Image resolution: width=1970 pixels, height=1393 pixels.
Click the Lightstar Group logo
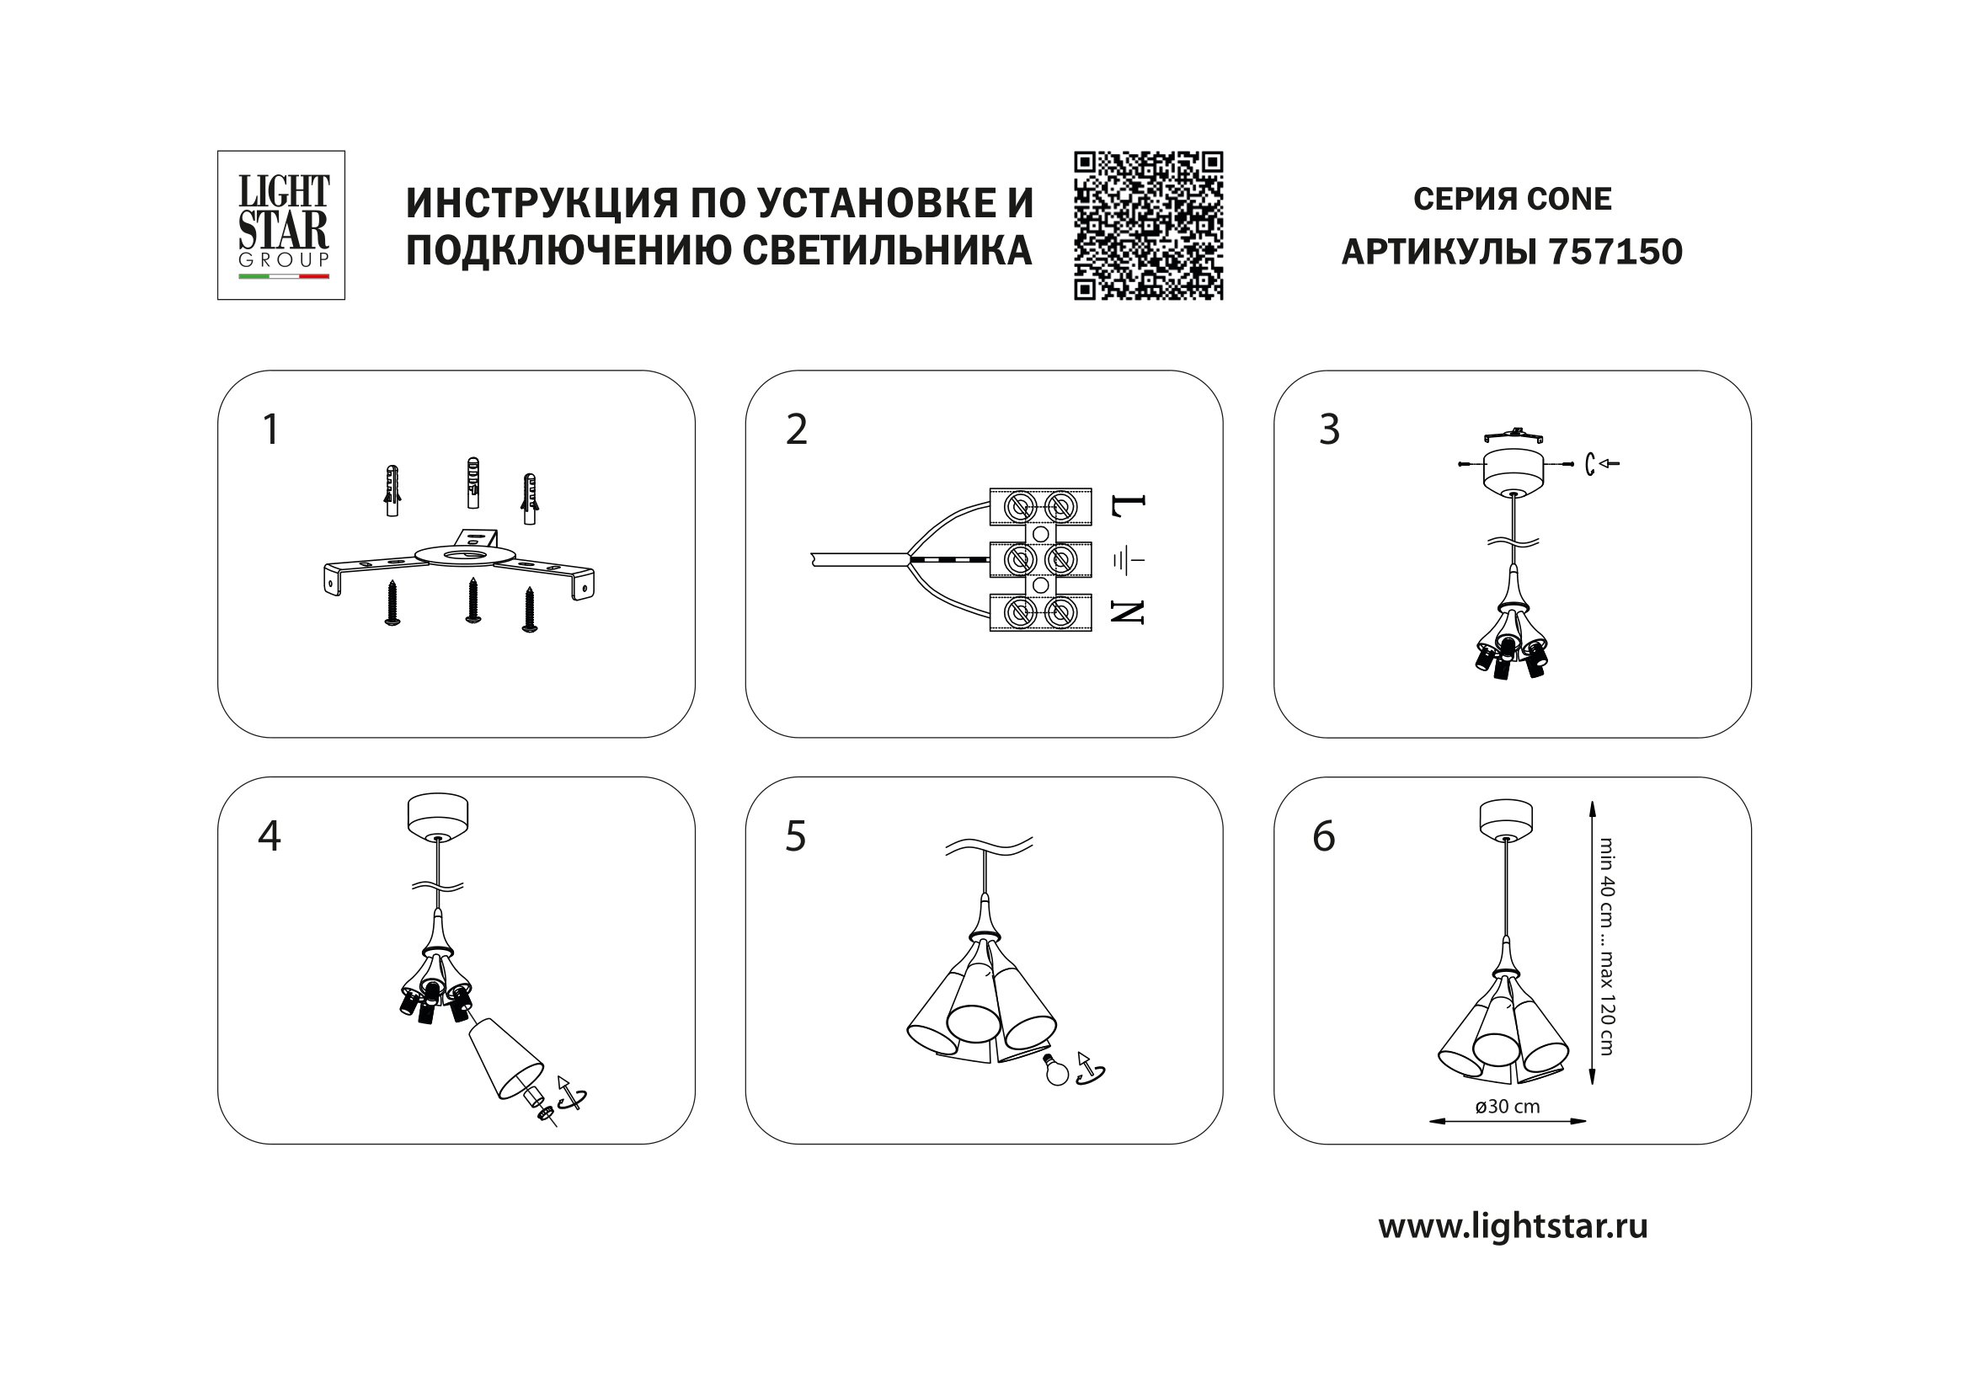pos(281,225)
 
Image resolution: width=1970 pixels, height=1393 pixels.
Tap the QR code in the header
pos(1148,226)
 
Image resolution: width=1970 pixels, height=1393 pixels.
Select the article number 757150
pos(1615,252)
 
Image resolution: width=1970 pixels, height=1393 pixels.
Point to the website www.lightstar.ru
pos(1513,1226)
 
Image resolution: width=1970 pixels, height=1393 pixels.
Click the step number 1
pos(270,429)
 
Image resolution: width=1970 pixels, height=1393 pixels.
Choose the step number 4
pos(270,835)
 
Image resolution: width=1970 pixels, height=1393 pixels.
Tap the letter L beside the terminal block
pos(1128,509)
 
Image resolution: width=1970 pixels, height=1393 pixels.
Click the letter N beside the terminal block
pos(1128,611)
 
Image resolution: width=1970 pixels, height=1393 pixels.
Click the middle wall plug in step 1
pos(470,484)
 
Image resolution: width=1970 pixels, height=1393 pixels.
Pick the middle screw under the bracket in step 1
pos(472,600)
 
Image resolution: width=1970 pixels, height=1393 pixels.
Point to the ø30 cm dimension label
pos(1508,1107)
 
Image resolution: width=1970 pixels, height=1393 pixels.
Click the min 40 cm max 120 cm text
pos(1606,946)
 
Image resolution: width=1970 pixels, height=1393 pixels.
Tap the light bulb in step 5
pos(1056,1070)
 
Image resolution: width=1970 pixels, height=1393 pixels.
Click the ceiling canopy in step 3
pos(1514,471)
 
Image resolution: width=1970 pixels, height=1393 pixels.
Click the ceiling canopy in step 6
pos(1506,819)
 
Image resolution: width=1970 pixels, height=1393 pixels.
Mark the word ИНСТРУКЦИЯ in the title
pos(541,202)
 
